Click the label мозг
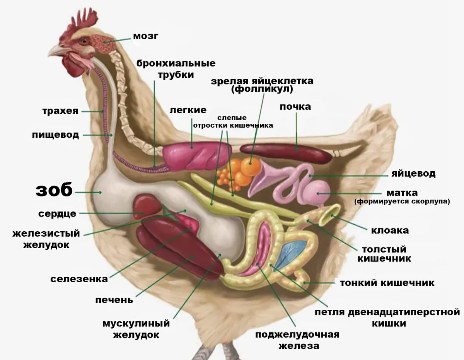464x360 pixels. point(146,36)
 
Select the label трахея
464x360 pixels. point(60,111)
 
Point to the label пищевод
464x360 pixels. point(56,135)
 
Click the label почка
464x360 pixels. point(295,107)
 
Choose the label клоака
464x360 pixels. point(390,230)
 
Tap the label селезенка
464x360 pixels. point(79,279)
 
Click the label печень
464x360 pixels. point(114,300)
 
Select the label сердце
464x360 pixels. point(57,214)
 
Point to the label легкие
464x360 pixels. point(188,110)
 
